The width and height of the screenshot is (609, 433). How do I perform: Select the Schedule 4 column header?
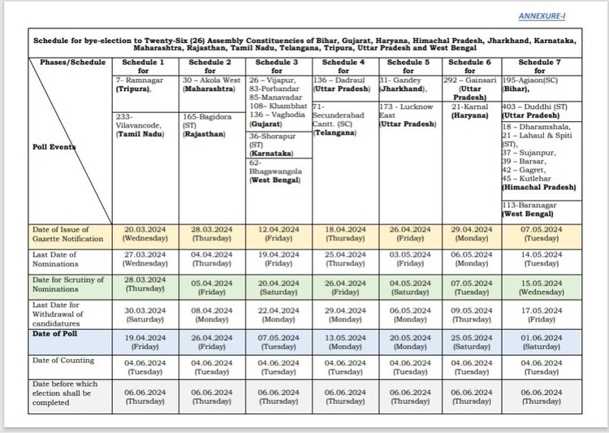[344, 67]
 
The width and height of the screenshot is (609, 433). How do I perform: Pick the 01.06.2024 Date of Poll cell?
[541, 341]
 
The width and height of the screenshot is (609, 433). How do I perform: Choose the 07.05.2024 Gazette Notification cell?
[541, 234]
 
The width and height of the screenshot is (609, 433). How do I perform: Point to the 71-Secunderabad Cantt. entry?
[344, 119]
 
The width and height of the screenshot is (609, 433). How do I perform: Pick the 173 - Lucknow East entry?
[411, 115]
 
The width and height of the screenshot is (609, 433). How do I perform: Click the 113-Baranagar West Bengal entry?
[541, 210]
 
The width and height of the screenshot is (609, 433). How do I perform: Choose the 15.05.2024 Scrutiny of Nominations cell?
[541, 288]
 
